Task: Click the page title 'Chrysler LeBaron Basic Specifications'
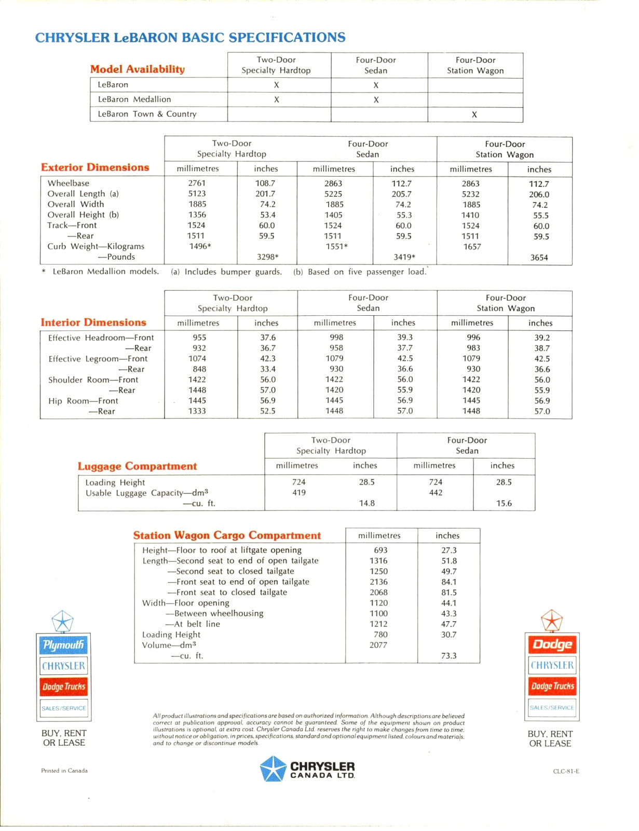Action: (x=190, y=37)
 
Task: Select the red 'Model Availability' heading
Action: (x=138, y=69)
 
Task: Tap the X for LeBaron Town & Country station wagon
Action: (x=474, y=114)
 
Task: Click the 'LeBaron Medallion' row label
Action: (x=134, y=99)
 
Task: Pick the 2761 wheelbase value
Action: (x=197, y=183)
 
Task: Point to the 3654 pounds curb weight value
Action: (x=539, y=257)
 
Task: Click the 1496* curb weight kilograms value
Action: (x=200, y=246)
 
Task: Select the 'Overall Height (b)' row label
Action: (x=83, y=215)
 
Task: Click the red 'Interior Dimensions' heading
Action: (x=93, y=323)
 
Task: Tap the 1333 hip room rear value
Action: (x=197, y=411)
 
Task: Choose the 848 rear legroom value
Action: (x=199, y=369)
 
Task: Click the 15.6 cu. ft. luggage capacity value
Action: (x=504, y=503)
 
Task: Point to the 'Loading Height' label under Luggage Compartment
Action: (x=115, y=482)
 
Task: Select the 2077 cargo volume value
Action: (x=378, y=645)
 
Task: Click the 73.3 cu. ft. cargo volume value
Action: (x=448, y=655)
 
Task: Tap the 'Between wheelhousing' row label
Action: (x=219, y=613)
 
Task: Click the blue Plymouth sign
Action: (x=64, y=645)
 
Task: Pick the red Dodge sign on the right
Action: (x=552, y=645)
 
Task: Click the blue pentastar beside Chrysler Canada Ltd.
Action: (x=273, y=769)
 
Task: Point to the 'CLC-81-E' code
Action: (x=566, y=771)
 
